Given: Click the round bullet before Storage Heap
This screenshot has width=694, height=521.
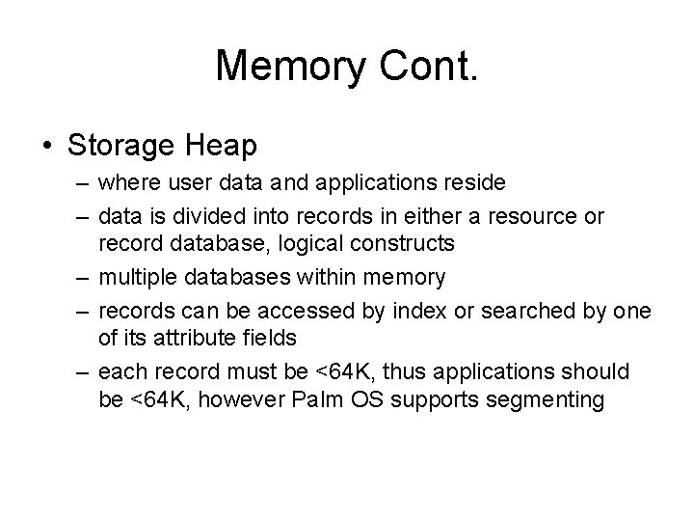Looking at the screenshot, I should pyautogui.click(x=47, y=147).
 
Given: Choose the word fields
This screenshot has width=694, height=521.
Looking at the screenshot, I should pyautogui.click(x=272, y=338).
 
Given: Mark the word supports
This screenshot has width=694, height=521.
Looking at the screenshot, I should pyautogui.click(x=440, y=398).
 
